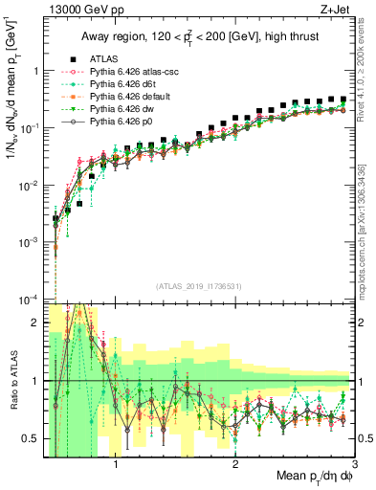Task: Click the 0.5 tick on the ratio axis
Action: (x=33, y=439)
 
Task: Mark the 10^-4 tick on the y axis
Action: (x=29, y=300)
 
